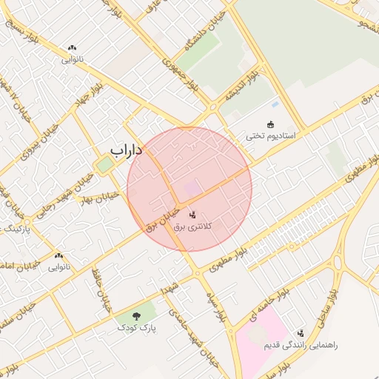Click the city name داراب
(126, 150)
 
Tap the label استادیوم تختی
(271, 137)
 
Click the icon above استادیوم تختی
(271, 124)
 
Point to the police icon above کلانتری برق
(192, 215)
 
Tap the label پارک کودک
(136, 326)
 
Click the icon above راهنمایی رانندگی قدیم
(301, 333)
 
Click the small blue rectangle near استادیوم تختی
(275, 104)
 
